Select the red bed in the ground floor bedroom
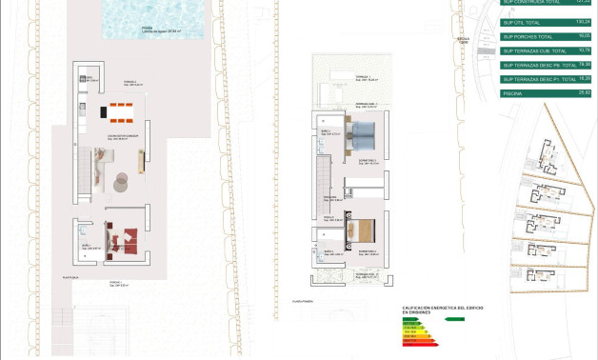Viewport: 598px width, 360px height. pos(125,237)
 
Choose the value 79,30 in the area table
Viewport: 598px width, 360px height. pos(583,64)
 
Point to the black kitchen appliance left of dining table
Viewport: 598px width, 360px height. pos(104,111)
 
